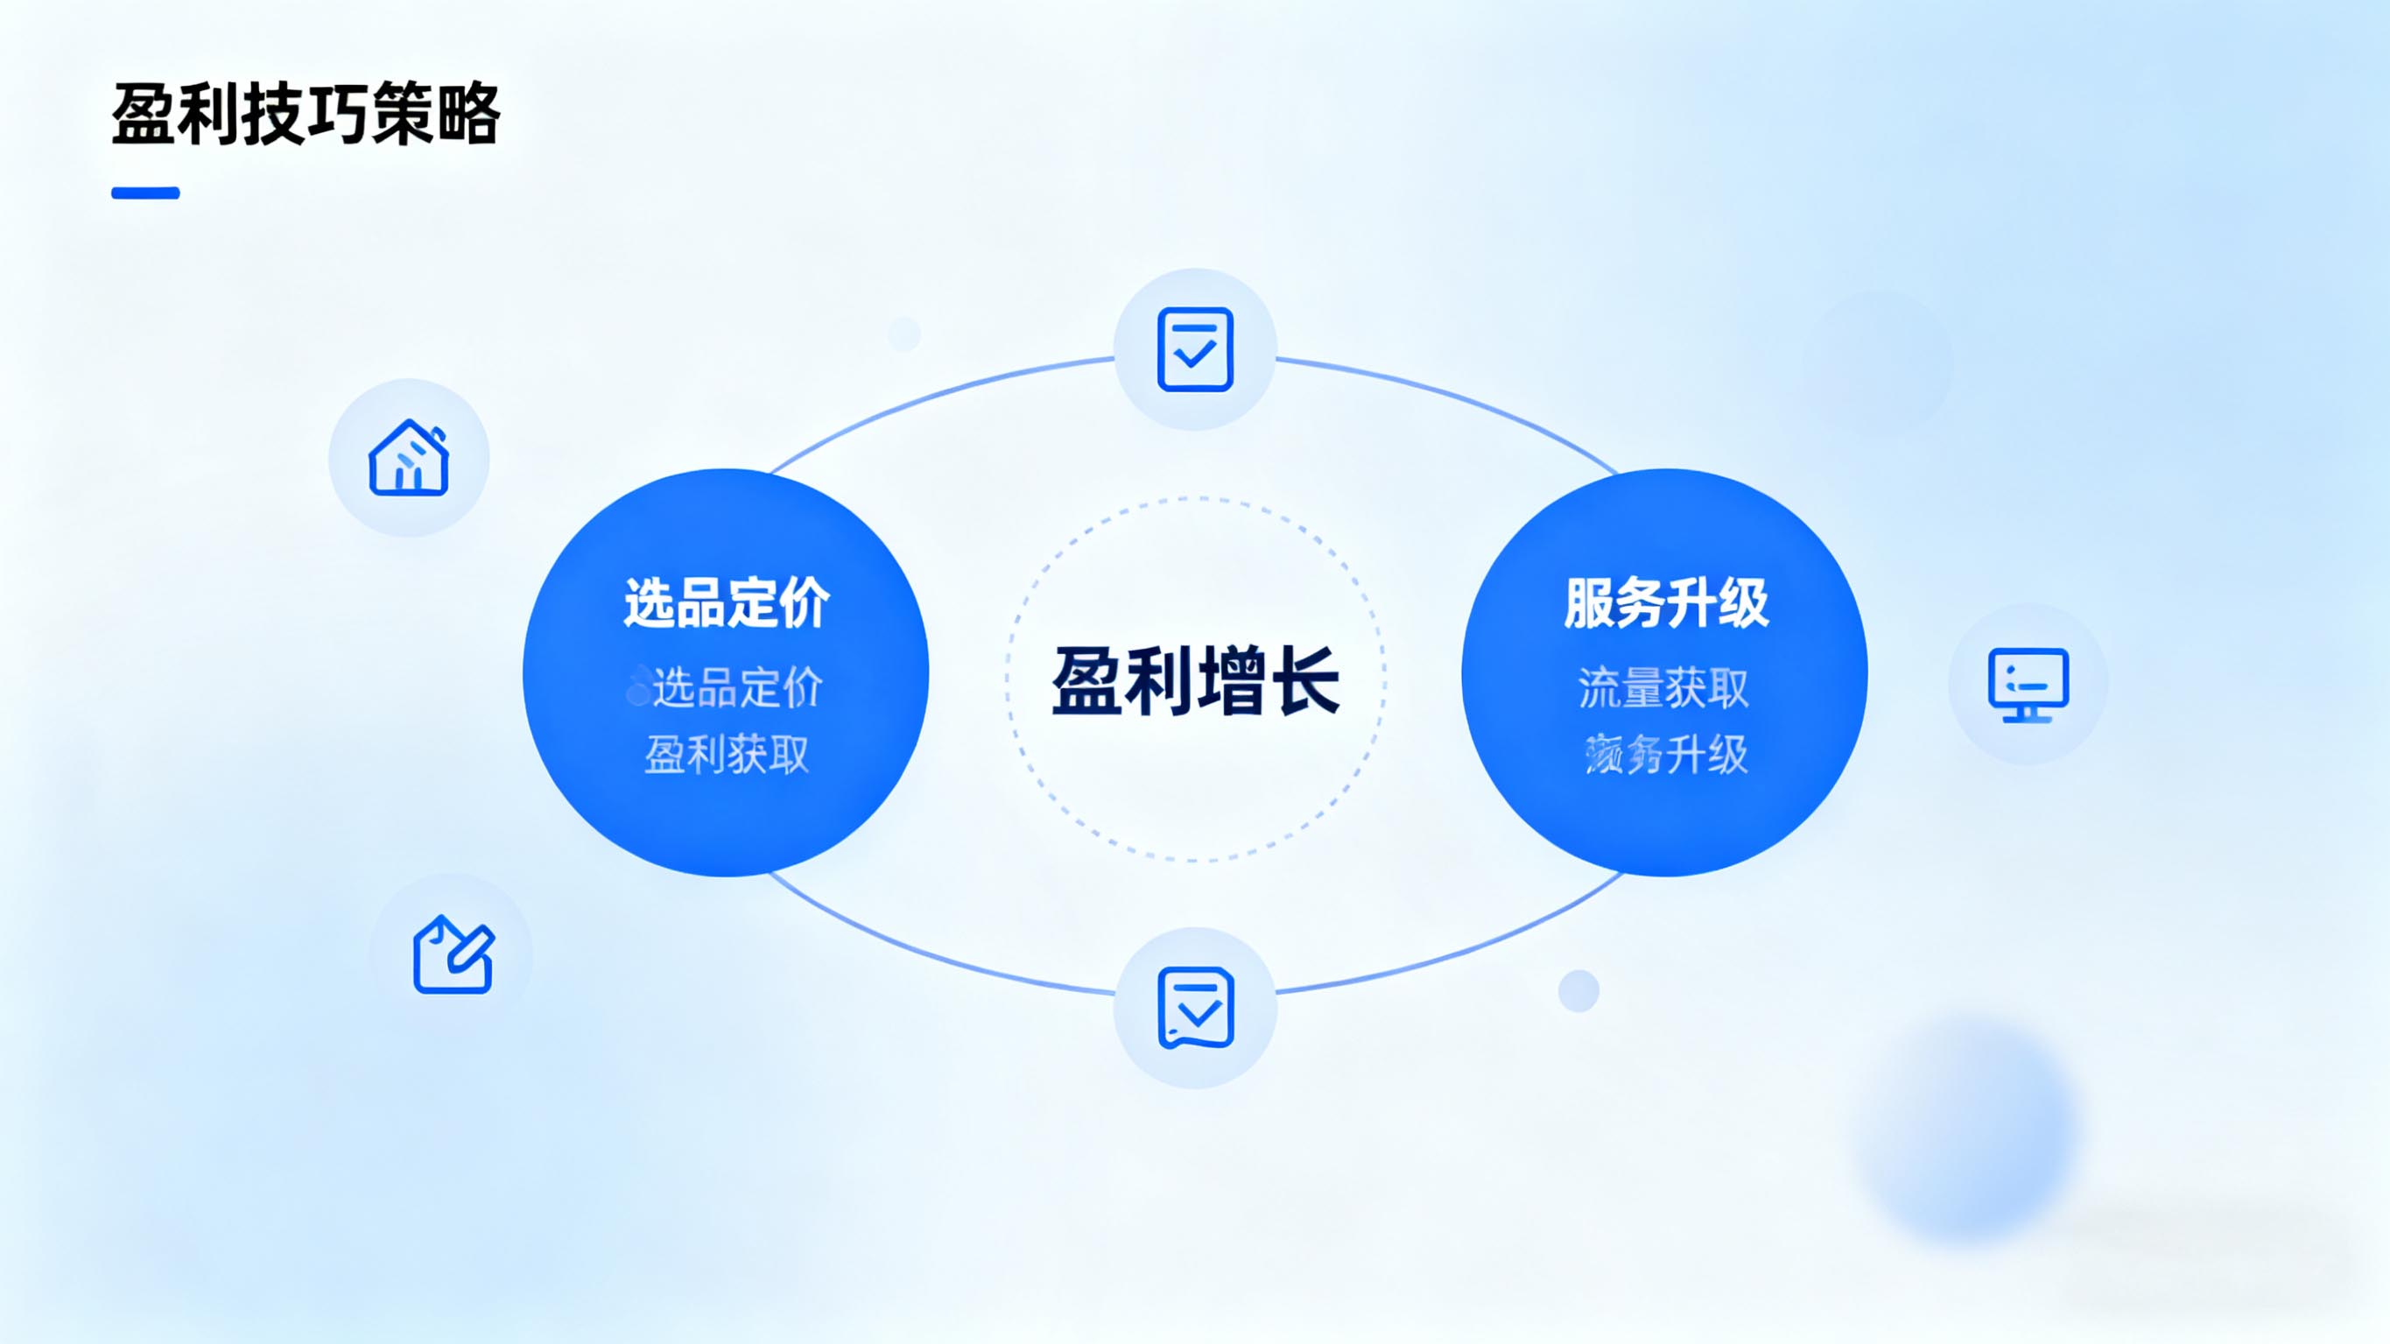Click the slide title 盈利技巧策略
pyautogui.click(x=306, y=114)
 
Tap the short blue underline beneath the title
pyautogui.click(x=145, y=193)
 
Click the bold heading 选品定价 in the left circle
pyautogui.click(x=727, y=602)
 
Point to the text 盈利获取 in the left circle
pyautogui.click(x=727, y=755)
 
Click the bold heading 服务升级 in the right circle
pyautogui.click(x=1666, y=602)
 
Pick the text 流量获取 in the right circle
pyautogui.click(x=1663, y=688)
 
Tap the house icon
pyautogui.click(x=409, y=458)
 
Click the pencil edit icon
pyautogui.click(x=453, y=954)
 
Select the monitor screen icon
pyautogui.click(x=2028, y=685)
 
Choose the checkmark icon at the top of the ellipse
pyautogui.click(x=1195, y=349)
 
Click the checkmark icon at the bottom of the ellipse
pyautogui.click(x=1195, y=1008)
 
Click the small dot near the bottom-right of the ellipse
pyautogui.click(x=1578, y=990)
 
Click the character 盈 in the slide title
pyautogui.click(x=143, y=114)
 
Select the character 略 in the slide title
pyautogui.click(x=469, y=114)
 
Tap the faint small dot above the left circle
pyautogui.click(x=903, y=334)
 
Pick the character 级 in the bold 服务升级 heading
pyautogui.click(x=1743, y=602)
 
